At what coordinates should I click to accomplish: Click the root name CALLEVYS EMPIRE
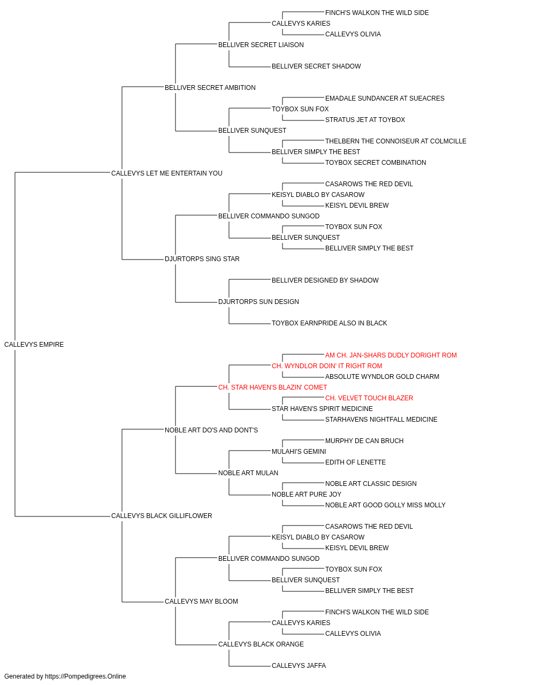34,345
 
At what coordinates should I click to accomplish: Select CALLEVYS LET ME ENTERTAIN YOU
167,173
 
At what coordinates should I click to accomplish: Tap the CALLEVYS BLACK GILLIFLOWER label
162,516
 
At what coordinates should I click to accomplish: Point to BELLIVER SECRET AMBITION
210,88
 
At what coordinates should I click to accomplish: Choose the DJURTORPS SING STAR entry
202,259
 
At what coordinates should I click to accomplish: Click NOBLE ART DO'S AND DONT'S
211,430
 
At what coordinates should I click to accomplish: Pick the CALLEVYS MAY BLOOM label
201,602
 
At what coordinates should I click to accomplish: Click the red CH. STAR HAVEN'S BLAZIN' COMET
272,387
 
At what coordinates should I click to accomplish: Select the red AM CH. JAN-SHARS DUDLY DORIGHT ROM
391,355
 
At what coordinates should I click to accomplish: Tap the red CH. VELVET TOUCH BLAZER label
369,398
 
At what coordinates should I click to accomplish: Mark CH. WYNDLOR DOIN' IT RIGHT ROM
327,366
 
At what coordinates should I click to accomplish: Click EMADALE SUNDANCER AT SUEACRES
385,98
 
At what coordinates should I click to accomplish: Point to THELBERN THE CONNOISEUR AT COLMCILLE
396,141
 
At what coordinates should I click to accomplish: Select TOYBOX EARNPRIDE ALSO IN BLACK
329,323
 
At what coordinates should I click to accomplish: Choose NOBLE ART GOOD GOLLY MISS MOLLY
385,505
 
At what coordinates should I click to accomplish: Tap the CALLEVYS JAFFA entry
299,666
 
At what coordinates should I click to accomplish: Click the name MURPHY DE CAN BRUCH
364,441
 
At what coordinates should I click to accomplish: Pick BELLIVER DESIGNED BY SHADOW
325,280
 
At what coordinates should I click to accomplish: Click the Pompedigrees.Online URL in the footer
86,676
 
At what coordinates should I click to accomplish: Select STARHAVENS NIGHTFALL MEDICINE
381,420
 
